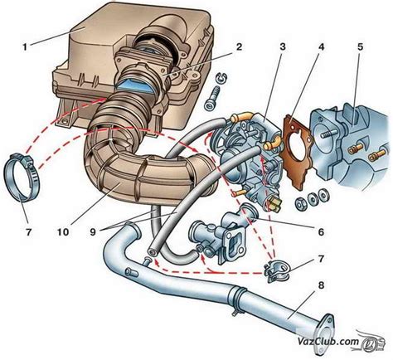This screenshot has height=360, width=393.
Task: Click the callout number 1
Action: [25, 47]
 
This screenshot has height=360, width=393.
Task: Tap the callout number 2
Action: [239, 47]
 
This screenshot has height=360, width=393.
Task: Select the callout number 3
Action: [282, 47]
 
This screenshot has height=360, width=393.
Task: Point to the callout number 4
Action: [321, 47]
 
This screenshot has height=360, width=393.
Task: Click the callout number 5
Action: [360, 47]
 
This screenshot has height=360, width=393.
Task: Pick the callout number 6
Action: [321, 231]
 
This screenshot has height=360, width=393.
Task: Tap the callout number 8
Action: [321, 285]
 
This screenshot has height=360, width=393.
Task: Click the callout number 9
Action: [92, 231]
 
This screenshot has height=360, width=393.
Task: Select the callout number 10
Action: [63, 231]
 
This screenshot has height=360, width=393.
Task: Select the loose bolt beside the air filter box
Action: [213, 98]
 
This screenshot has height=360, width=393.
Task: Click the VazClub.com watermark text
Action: [327, 342]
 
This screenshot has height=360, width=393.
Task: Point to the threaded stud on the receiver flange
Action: [327, 135]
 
